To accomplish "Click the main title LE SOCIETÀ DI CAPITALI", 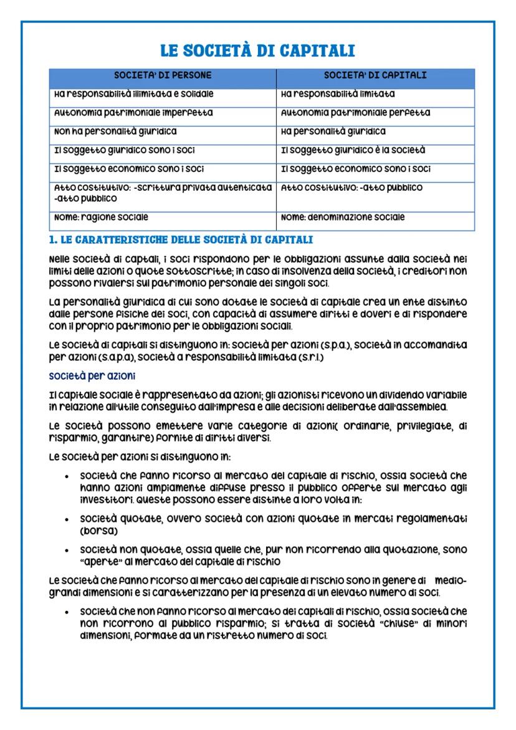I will pyautogui.click(x=258, y=51).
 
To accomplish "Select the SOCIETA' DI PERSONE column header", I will pyautogui.click(x=163, y=75).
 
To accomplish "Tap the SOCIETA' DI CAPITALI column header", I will pyautogui.click(x=375, y=75).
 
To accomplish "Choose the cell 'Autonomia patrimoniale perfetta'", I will pyautogui.click(x=356, y=113).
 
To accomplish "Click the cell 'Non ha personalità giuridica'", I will pyautogui.click(x=113, y=132).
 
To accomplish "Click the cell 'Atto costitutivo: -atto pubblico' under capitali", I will pyautogui.click(x=352, y=187).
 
